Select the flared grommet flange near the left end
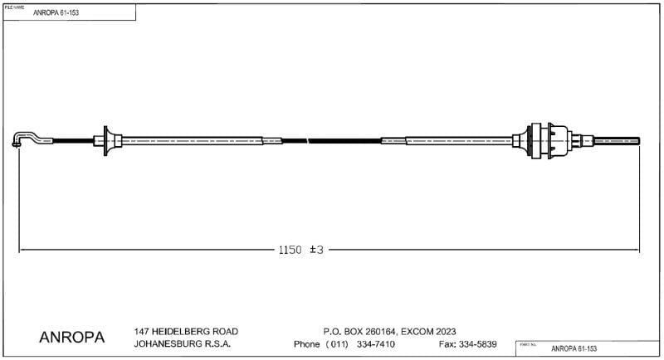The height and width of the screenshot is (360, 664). click(x=106, y=142)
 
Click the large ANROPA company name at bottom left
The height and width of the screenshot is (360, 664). click(x=72, y=338)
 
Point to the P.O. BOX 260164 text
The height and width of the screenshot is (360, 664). click(x=358, y=331)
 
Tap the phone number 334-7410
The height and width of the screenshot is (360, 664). click(x=376, y=344)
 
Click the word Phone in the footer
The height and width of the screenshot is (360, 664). click(x=307, y=344)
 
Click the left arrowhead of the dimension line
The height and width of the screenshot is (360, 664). click(x=22, y=250)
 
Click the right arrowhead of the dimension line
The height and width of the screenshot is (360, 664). click(x=637, y=250)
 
